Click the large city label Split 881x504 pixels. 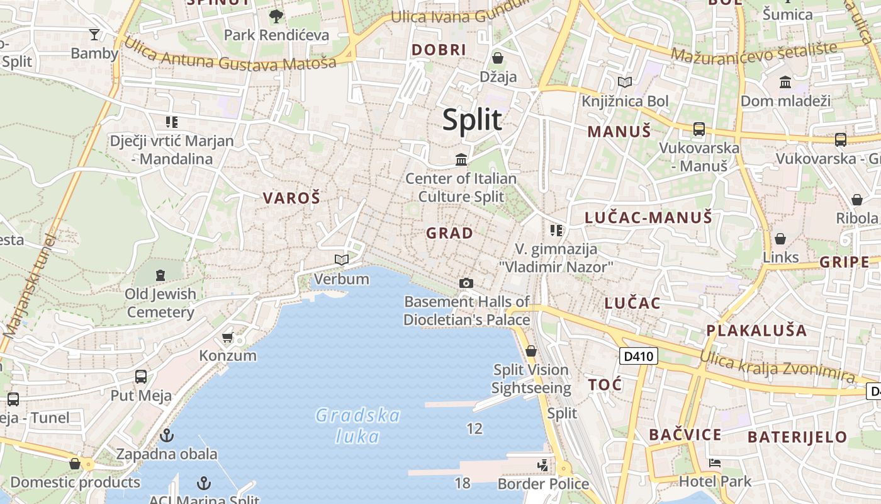pyautogui.click(x=472, y=120)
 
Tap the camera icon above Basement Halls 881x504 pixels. pyautogui.click(x=466, y=283)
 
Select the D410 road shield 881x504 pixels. pyautogui.click(x=639, y=357)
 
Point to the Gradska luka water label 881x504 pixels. pyautogui.click(x=357, y=426)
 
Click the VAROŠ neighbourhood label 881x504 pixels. pyautogui.click(x=291, y=198)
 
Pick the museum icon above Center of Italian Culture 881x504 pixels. pyautogui.click(x=461, y=159)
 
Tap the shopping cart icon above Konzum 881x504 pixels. pyautogui.click(x=228, y=338)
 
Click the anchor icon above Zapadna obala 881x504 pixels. pyautogui.click(x=167, y=435)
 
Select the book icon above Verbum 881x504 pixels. pyautogui.click(x=342, y=260)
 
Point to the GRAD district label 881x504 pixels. pyautogui.click(x=449, y=233)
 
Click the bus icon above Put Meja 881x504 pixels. pyautogui.click(x=141, y=377)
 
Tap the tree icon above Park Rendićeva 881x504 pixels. pyautogui.click(x=276, y=16)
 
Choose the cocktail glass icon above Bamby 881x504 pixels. pyautogui.click(x=94, y=34)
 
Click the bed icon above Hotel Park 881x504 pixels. pyautogui.click(x=714, y=463)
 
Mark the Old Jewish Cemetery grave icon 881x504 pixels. pyautogui.click(x=160, y=275)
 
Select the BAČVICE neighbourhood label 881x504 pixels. pyautogui.click(x=685, y=435)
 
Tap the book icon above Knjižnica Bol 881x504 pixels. pyautogui.click(x=624, y=82)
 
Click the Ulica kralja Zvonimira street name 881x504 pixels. pyautogui.click(x=777, y=366)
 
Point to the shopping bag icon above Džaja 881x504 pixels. pyautogui.click(x=498, y=58)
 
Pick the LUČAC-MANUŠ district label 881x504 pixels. pyautogui.click(x=648, y=218)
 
